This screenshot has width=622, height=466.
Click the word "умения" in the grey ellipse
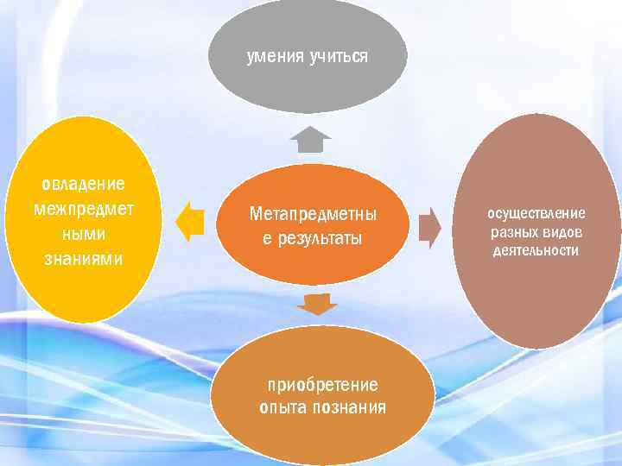click(x=274, y=57)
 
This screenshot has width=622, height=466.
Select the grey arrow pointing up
click(x=310, y=139)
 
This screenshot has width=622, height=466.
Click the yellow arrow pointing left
click(x=188, y=222)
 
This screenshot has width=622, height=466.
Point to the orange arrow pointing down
click(x=319, y=304)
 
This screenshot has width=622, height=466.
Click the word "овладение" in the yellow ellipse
click(x=83, y=184)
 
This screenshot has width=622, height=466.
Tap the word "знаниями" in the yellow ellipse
click(x=83, y=258)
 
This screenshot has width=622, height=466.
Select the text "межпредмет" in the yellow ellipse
click(x=83, y=208)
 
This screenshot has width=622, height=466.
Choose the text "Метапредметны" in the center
click(x=313, y=212)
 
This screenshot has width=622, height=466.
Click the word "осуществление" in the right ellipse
click(x=536, y=213)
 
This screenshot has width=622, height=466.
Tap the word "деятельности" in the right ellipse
click(x=536, y=251)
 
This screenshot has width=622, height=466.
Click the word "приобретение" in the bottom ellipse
click(x=322, y=384)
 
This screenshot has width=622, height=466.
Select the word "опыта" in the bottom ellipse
click(x=282, y=406)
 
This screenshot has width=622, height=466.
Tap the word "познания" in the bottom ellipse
click(x=346, y=406)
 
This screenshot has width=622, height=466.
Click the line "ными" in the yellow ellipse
click(x=83, y=234)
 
